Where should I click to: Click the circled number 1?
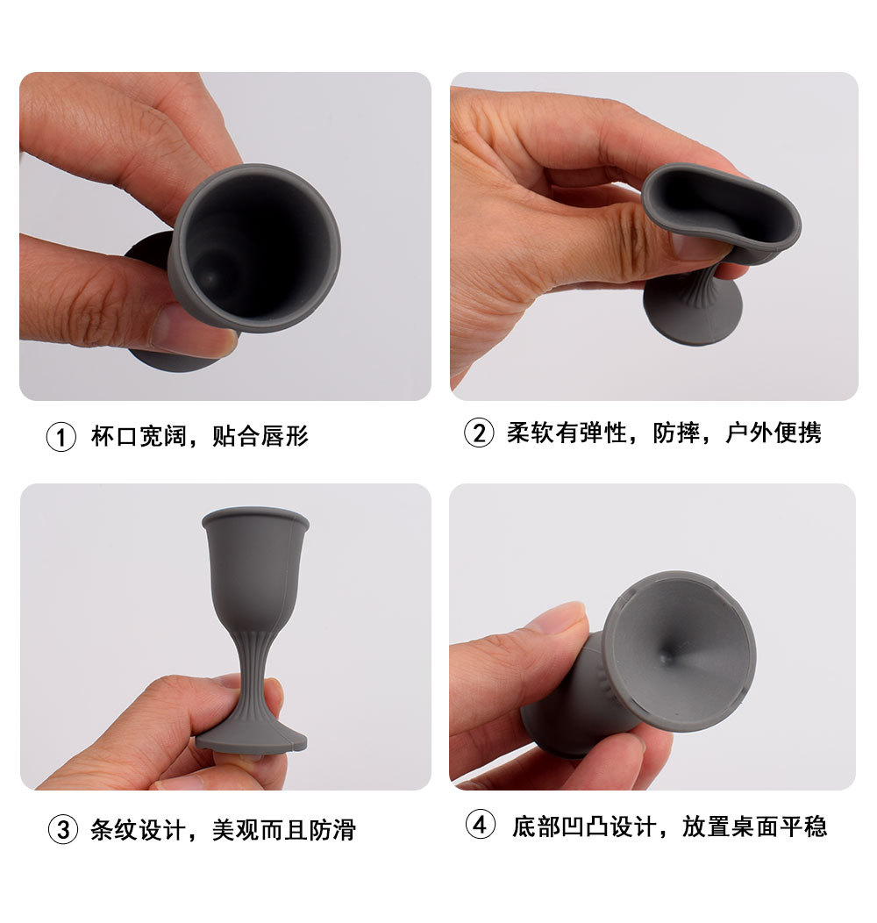[x=61, y=436]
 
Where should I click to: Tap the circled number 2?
[x=479, y=433]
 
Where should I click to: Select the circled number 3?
[x=61, y=829]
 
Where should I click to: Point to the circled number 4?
[x=480, y=826]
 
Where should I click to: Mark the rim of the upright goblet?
[x=255, y=517]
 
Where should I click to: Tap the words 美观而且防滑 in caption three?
[x=284, y=829]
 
